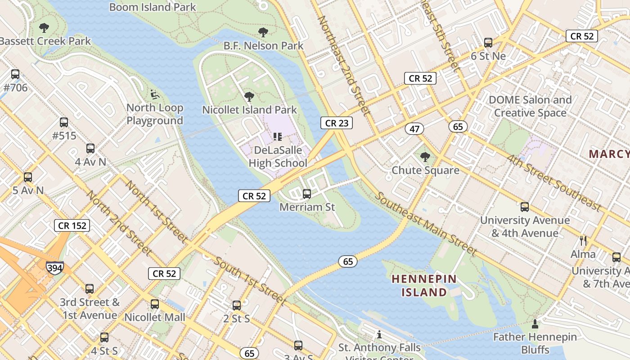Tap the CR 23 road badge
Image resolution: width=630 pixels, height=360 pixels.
tap(337, 123)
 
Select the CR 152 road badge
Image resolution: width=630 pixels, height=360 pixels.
tap(72, 225)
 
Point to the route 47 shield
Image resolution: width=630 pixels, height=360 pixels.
tap(414, 129)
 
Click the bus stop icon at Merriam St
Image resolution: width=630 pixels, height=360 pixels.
tap(307, 194)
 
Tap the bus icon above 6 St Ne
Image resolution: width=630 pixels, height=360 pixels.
tap(488, 43)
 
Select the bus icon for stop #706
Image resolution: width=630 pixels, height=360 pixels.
tap(15, 74)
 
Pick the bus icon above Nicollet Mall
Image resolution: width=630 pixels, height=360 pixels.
tap(155, 304)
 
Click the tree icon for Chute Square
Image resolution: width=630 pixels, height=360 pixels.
tap(425, 157)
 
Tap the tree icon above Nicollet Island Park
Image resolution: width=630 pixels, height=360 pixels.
tap(249, 96)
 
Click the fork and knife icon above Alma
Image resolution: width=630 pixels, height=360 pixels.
tap(583, 240)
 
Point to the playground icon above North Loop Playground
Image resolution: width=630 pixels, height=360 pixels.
tap(154, 94)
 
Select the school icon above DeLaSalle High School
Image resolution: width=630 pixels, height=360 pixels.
tap(277, 136)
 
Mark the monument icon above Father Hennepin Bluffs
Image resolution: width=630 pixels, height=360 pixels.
tap(535, 324)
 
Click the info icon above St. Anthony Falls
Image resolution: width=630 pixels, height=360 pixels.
tap(379, 334)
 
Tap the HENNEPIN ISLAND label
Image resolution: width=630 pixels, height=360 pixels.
tap(424, 285)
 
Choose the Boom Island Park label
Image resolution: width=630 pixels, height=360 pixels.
tap(153, 7)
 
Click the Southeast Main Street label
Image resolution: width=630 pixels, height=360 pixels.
tap(426, 224)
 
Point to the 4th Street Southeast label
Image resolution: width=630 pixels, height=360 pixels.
tap(553, 183)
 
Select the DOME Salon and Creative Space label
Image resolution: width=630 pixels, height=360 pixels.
tap(530, 106)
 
